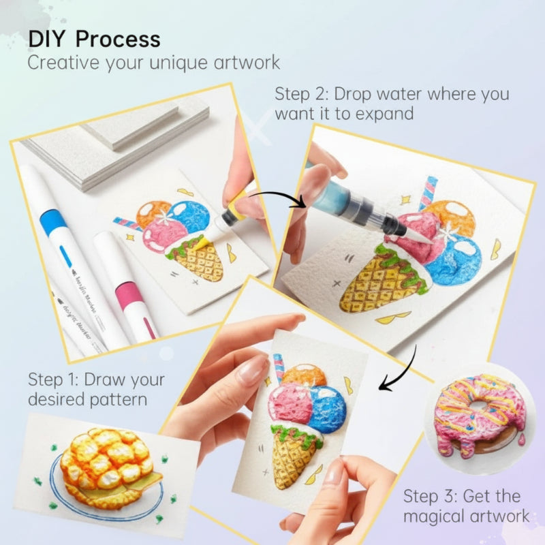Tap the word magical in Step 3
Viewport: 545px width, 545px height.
[434, 516]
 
